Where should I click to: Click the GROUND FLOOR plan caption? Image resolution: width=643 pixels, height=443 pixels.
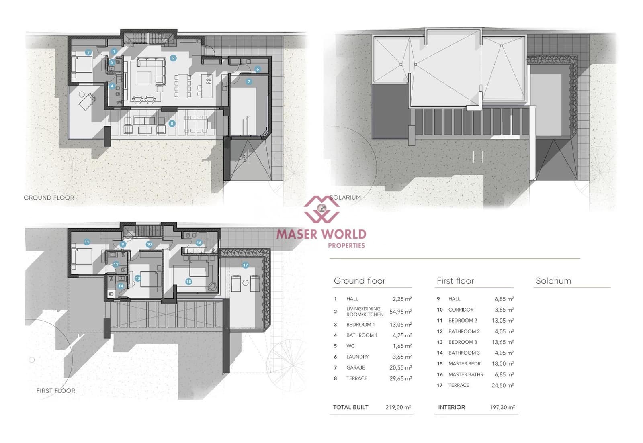point(49,198)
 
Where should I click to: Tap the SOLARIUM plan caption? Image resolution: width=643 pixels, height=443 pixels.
point(345,197)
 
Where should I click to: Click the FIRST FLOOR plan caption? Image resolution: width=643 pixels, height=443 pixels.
point(55,390)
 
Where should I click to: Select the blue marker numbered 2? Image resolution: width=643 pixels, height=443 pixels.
point(173,58)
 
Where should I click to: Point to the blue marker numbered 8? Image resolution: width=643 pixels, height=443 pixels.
point(172,123)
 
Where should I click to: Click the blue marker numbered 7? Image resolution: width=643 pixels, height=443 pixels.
point(249,82)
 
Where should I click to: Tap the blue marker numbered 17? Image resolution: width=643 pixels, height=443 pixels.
point(245,265)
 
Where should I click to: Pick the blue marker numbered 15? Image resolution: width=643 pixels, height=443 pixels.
point(188,282)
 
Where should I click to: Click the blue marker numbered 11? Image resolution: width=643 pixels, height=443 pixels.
point(86,242)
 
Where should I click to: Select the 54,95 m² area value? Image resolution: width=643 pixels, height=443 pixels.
point(400,312)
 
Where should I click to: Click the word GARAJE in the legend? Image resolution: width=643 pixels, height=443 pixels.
point(355,367)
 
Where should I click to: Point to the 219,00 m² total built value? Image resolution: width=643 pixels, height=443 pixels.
point(398,407)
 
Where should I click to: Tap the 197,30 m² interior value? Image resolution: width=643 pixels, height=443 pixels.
point(502,407)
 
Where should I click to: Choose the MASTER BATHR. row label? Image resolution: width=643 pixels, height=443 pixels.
point(466,374)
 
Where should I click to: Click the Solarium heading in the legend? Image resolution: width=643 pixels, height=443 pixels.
point(553,281)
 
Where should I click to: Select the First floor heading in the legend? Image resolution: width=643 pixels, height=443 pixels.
point(455,281)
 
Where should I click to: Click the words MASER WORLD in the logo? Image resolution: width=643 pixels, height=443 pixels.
point(321,234)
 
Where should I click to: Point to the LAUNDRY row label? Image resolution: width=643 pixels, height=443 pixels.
point(357,357)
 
